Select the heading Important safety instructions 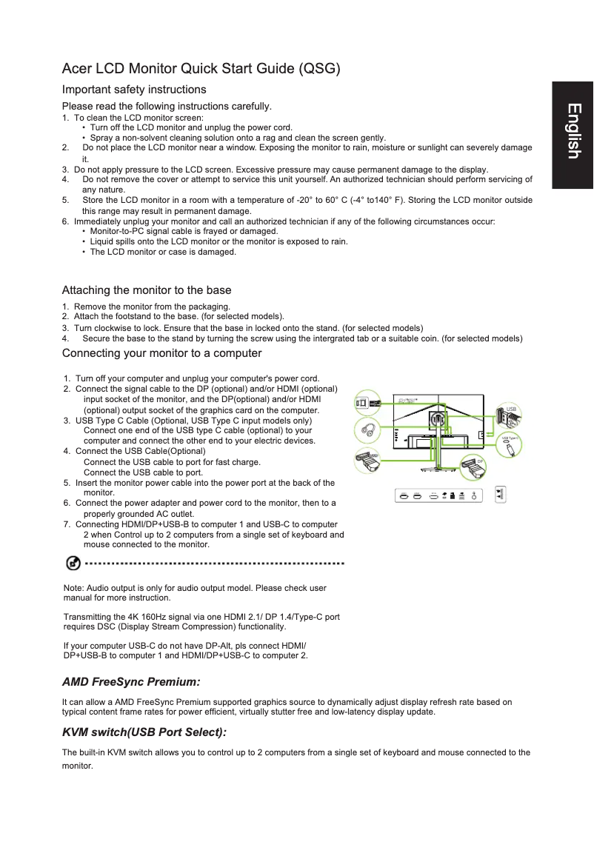coord(133,90)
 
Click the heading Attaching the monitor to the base coord(147,290)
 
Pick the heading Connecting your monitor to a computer coord(161,352)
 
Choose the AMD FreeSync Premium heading coord(131,681)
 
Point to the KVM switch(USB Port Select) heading coord(144,732)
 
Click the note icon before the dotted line coord(73,564)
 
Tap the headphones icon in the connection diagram coord(367,429)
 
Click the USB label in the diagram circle coord(510,410)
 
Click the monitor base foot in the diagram coord(437,469)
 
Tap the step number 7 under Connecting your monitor coord(67,524)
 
